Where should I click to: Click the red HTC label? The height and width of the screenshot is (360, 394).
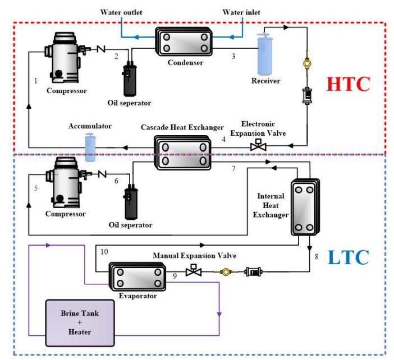[349, 84]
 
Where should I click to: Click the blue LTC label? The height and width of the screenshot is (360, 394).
[349, 257]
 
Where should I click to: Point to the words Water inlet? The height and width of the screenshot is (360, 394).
[241, 12]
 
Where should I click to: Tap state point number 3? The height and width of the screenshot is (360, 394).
[233, 56]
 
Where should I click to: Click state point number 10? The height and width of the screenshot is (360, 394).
[104, 252]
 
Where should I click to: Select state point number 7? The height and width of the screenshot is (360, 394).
[233, 168]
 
